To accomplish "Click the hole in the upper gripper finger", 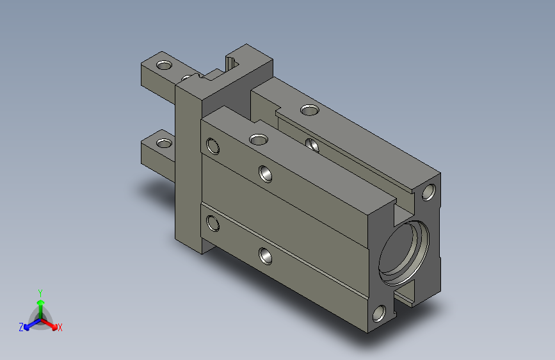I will (165, 65).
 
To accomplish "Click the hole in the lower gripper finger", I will (165, 142).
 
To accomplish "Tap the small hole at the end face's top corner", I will (430, 192).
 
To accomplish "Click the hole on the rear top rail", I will (309, 110).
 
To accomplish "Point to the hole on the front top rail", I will (259, 139).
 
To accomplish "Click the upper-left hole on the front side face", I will (213, 147).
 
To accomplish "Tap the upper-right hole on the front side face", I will (264, 173).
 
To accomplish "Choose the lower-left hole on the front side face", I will (213, 224).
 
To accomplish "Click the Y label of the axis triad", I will (40, 291).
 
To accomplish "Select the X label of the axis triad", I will (60, 328).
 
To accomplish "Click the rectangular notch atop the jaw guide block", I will (232, 63).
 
